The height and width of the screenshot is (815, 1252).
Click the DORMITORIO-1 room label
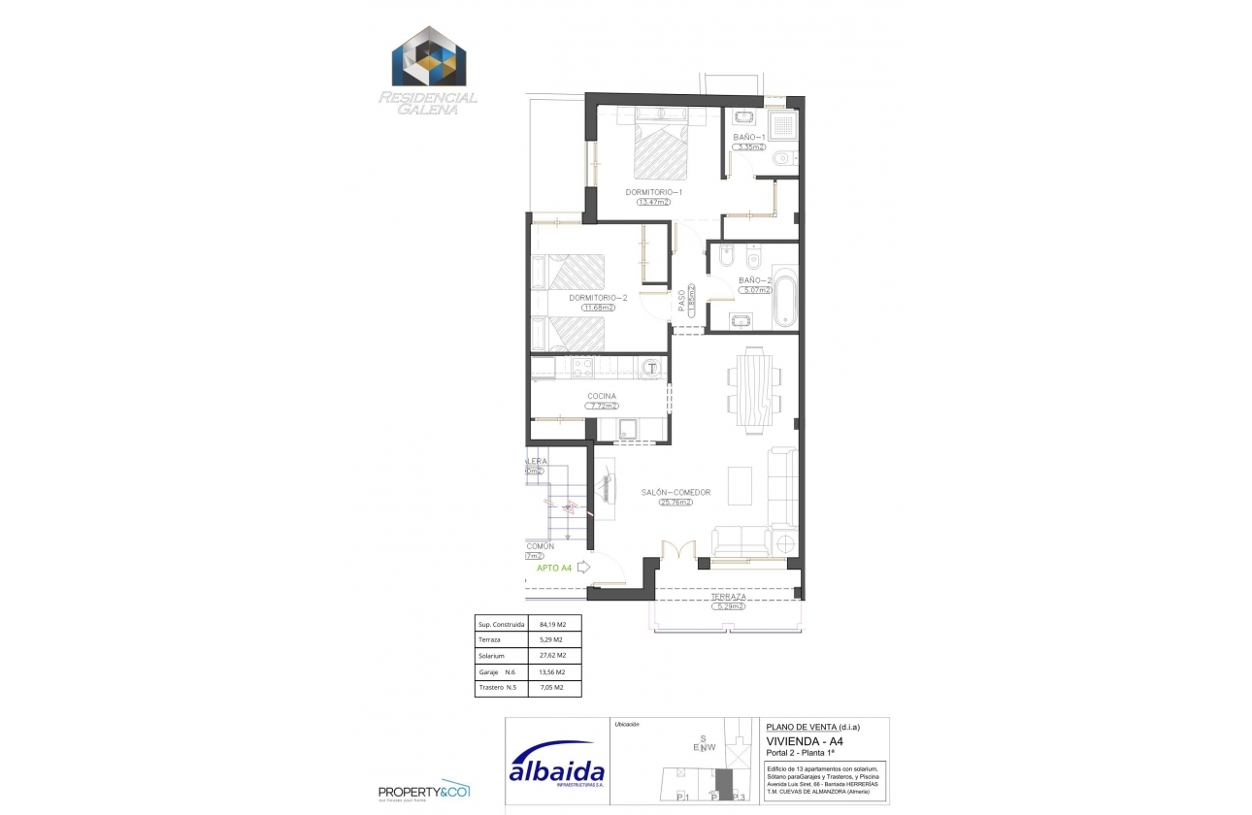(x=654, y=192)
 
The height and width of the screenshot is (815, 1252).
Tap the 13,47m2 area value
(x=654, y=203)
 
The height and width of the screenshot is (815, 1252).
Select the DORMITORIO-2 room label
(x=598, y=298)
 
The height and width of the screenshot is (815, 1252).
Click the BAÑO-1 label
(x=749, y=138)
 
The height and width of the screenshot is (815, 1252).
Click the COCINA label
(x=602, y=396)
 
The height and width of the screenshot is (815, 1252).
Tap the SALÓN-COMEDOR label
(x=675, y=492)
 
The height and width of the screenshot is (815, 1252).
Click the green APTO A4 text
(x=554, y=568)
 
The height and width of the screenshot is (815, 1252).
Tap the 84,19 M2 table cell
(x=552, y=624)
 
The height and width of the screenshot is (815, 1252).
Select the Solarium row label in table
(x=493, y=656)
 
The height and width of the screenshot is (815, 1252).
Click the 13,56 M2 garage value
(x=552, y=671)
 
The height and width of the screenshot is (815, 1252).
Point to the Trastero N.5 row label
(x=497, y=688)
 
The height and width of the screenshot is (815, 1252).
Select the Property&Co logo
(x=424, y=790)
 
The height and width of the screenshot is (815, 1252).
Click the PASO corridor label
(x=682, y=300)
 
